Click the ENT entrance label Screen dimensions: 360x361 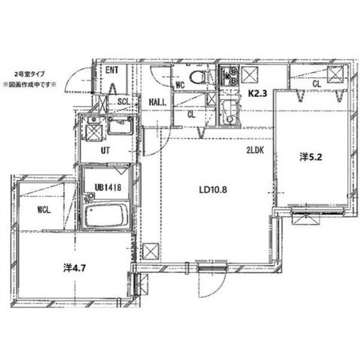click(x=112, y=70)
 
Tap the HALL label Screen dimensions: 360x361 click(x=158, y=102)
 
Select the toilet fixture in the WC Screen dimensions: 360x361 click(x=198, y=77)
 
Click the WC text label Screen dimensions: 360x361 click(x=180, y=85)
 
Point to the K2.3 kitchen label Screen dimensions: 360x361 click(x=258, y=93)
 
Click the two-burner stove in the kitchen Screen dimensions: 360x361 click(x=228, y=75)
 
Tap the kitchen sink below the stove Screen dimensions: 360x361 click(x=228, y=112)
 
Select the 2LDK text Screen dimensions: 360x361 click(x=255, y=150)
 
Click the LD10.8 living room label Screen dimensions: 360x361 click(x=213, y=190)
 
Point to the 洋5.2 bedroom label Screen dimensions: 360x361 click(x=310, y=157)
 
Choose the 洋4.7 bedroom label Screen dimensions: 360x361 click(x=74, y=268)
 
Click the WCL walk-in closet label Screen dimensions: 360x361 click(x=44, y=210)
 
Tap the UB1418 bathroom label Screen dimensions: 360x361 click(x=108, y=187)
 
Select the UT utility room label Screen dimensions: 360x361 click(x=105, y=150)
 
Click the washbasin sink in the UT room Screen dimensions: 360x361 click(x=120, y=125)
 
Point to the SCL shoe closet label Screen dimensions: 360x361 click(x=124, y=102)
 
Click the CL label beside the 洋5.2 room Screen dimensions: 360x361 click(x=316, y=83)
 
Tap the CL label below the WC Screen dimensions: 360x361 click(x=192, y=114)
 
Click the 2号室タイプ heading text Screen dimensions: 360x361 click(x=30, y=74)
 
